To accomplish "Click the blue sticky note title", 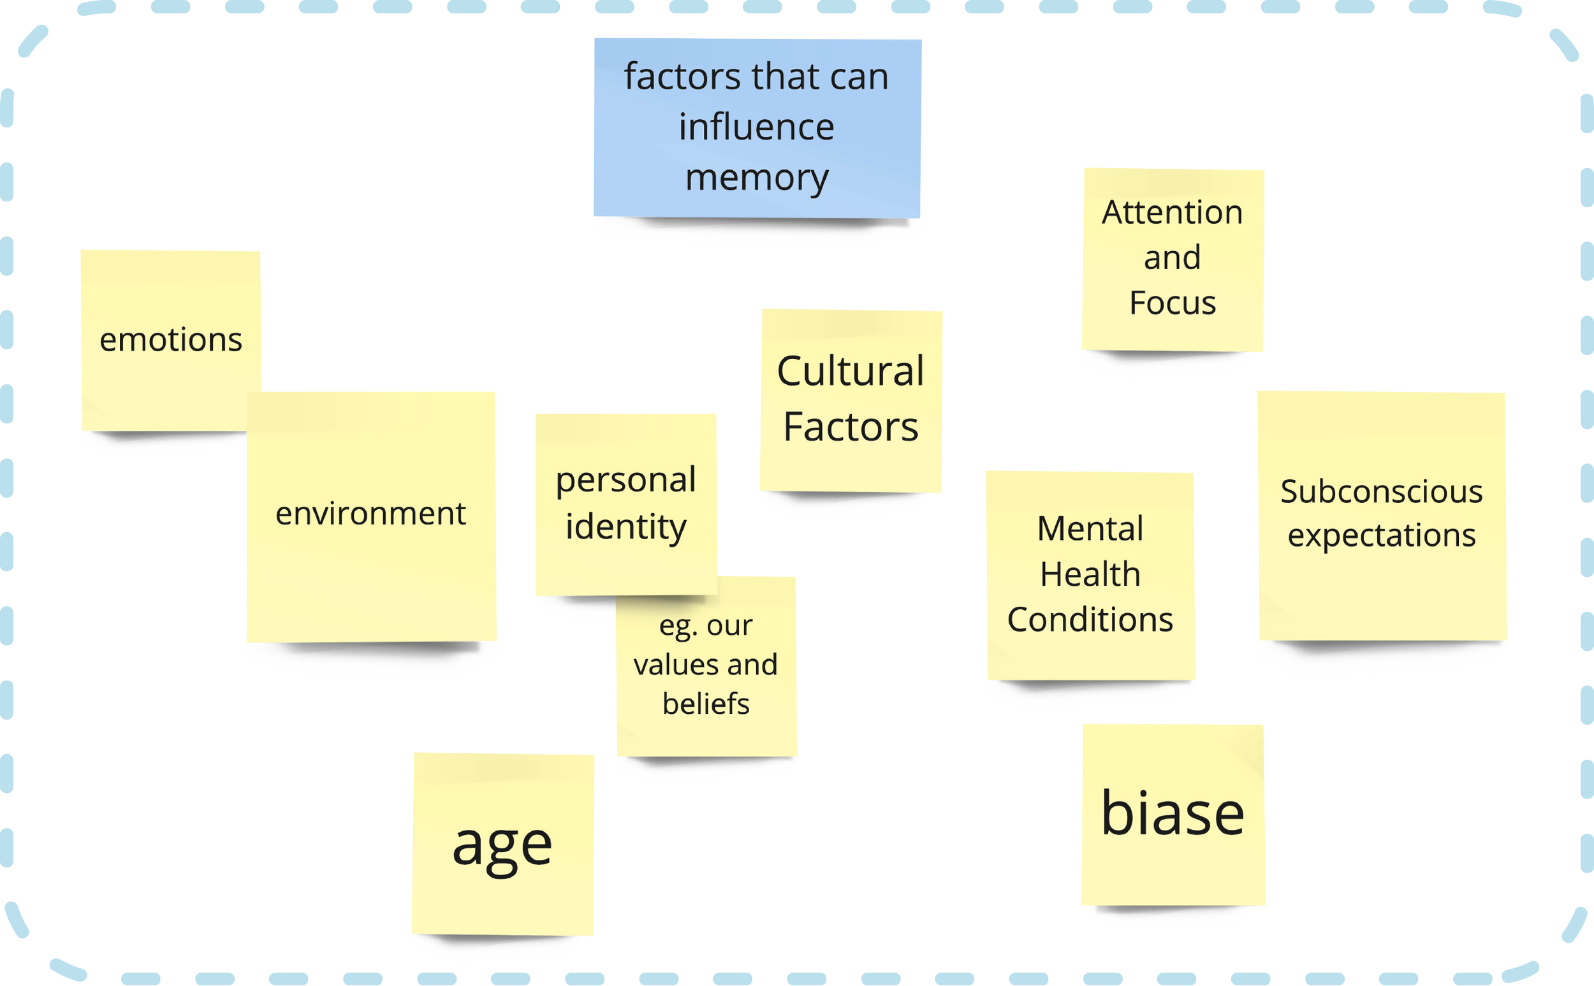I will click(x=757, y=127).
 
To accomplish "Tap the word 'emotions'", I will click(x=171, y=340).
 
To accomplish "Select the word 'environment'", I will click(x=370, y=514).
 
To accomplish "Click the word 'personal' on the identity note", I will click(x=625, y=481).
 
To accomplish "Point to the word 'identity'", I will click(x=625, y=527).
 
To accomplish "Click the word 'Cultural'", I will click(x=851, y=372).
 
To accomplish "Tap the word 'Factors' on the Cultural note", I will click(x=851, y=427).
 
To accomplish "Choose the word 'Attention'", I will click(x=1172, y=213).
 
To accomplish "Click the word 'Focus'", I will click(x=1172, y=303).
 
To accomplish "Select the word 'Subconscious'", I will click(x=1382, y=491).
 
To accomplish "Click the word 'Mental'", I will click(x=1090, y=529).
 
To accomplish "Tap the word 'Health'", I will click(x=1090, y=574).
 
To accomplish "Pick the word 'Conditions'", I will click(x=1090, y=620).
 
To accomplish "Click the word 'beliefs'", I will click(x=706, y=704).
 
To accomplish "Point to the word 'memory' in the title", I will click(x=757, y=177).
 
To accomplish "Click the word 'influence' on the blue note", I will click(x=757, y=127).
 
